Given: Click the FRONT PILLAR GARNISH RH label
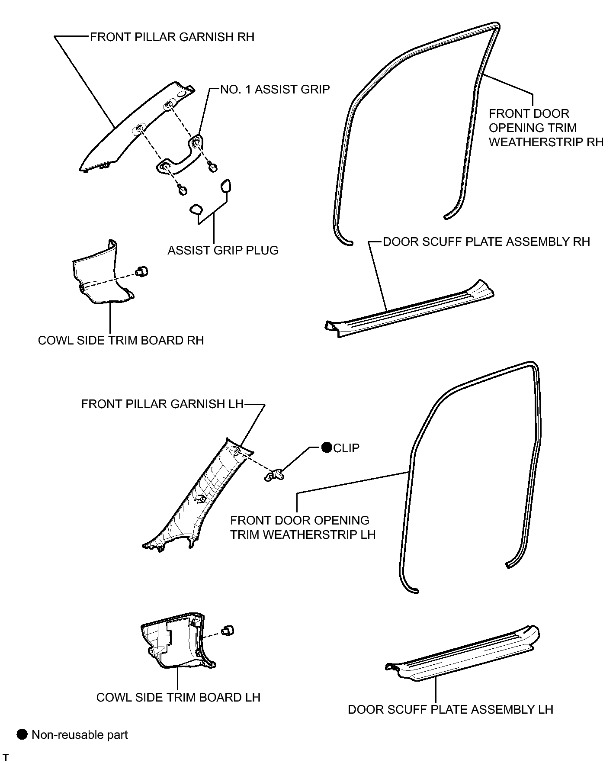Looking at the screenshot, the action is [x=172, y=37].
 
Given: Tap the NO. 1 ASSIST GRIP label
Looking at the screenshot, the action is [x=275, y=90].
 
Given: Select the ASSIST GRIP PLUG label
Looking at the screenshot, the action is [x=223, y=251].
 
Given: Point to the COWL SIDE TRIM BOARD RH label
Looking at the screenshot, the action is [x=121, y=340].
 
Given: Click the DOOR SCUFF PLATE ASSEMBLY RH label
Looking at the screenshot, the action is [x=487, y=241].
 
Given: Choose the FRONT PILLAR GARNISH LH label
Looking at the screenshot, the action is [x=163, y=404].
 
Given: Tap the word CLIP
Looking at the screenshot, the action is [x=346, y=448].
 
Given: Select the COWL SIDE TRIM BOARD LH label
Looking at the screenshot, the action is [x=178, y=698].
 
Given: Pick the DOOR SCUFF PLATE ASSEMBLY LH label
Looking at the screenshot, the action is [x=451, y=710].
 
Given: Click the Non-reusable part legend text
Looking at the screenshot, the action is [x=80, y=735].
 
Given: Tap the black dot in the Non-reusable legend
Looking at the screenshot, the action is [x=22, y=734].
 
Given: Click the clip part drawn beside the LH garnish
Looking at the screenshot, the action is [x=274, y=476].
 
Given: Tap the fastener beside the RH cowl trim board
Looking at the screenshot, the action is [x=142, y=272].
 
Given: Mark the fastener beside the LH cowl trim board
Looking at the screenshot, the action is [x=228, y=630].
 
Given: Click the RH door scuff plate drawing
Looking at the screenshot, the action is [x=409, y=308].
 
